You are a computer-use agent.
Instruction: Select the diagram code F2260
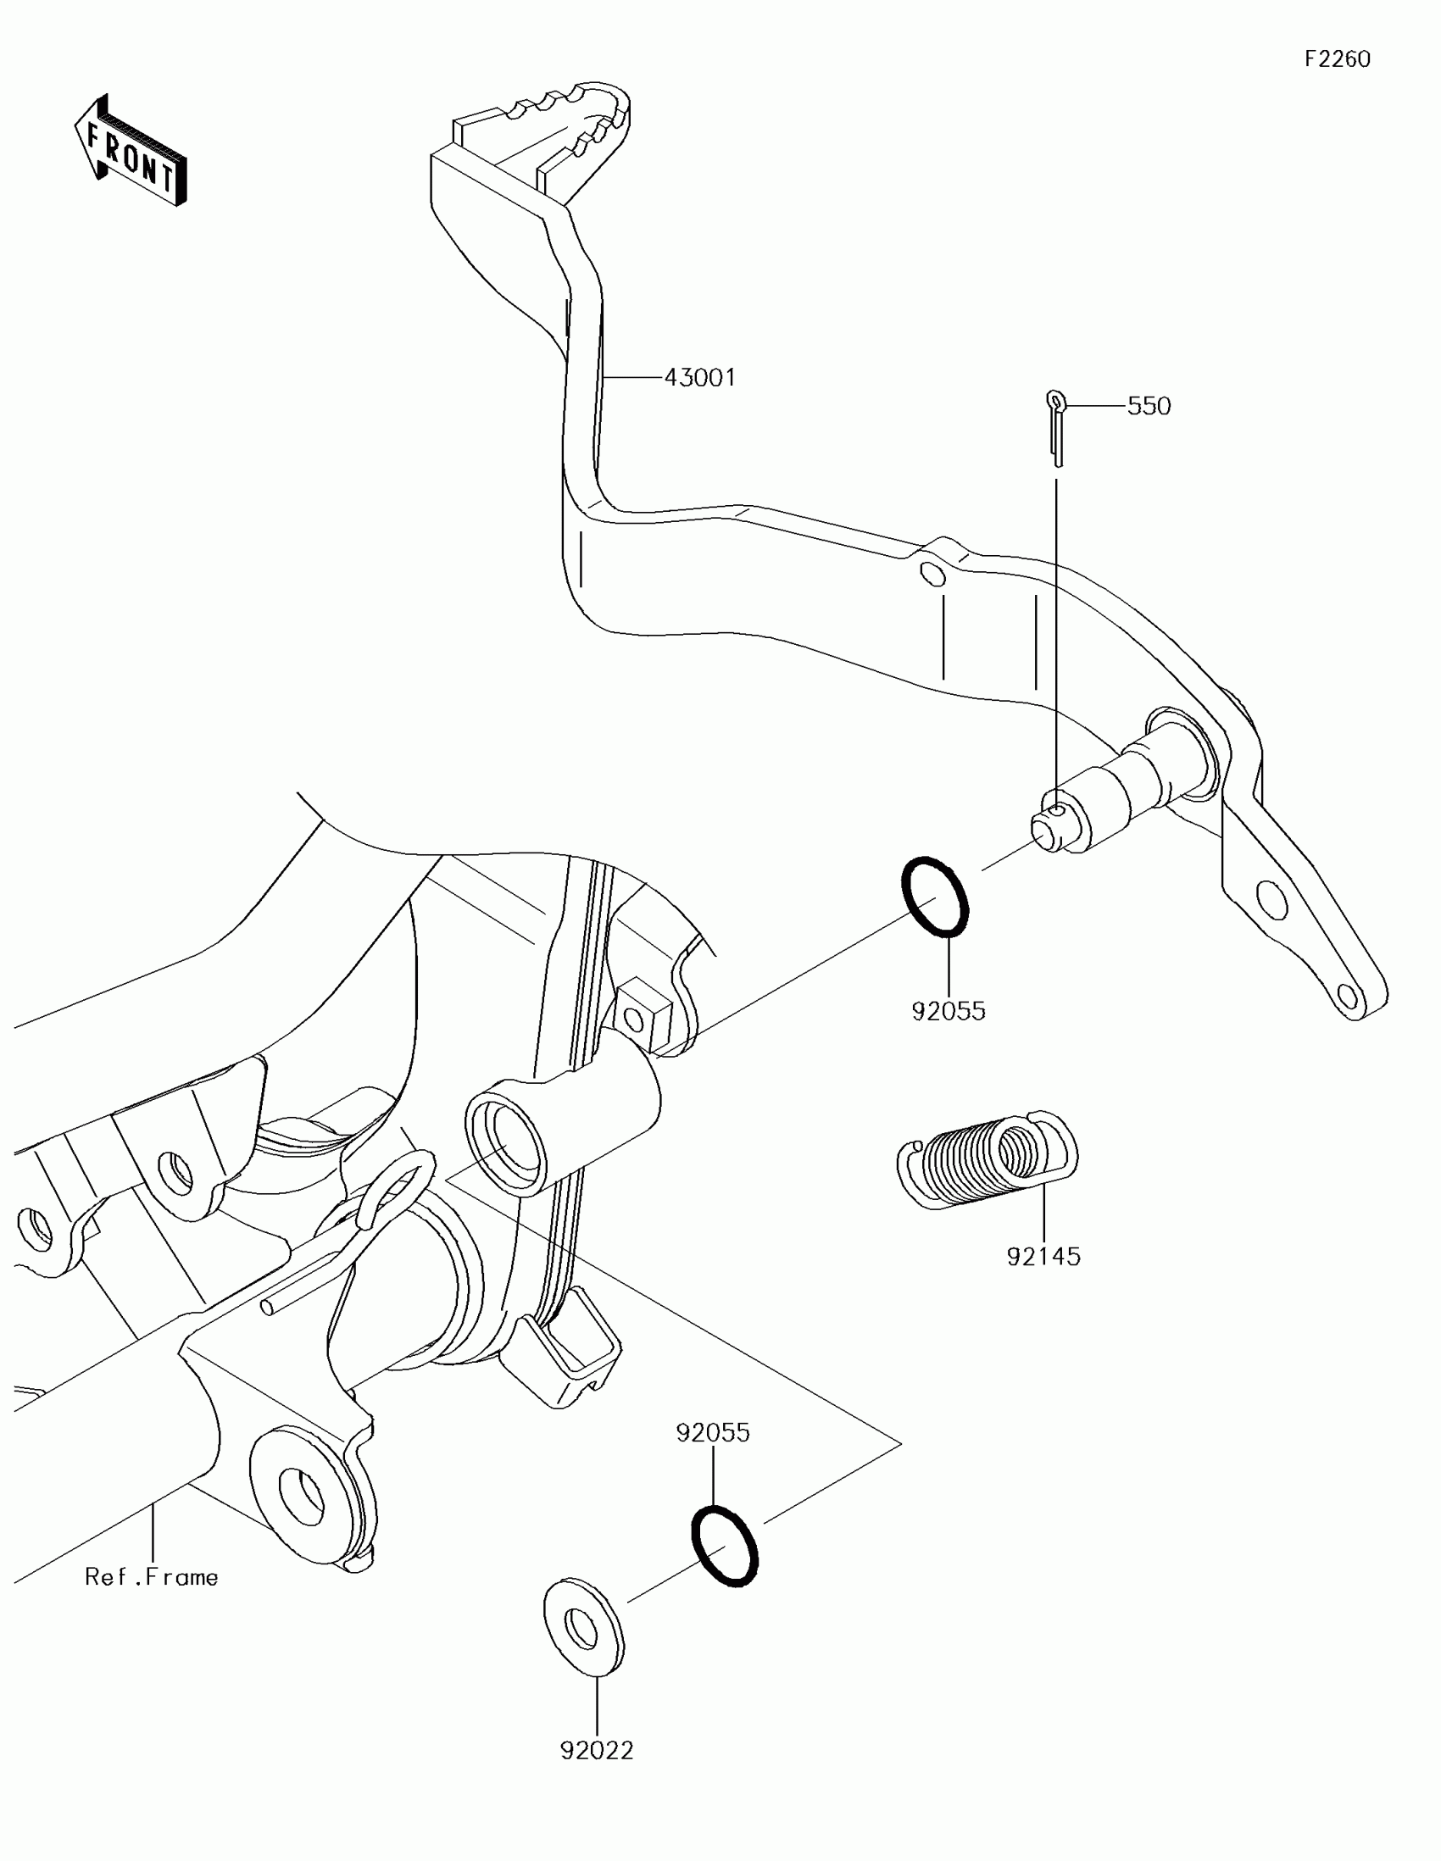(1337, 58)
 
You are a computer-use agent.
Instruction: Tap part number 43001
(699, 376)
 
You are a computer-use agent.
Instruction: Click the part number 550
(1149, 406)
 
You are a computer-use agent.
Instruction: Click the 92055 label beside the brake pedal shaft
(949, 1012)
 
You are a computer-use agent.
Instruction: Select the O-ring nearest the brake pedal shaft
(935, 897)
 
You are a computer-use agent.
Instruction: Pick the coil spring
(988, 1159)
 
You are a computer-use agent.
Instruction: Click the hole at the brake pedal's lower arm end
(1347, 994)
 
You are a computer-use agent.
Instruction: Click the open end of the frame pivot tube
(505, 1145)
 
